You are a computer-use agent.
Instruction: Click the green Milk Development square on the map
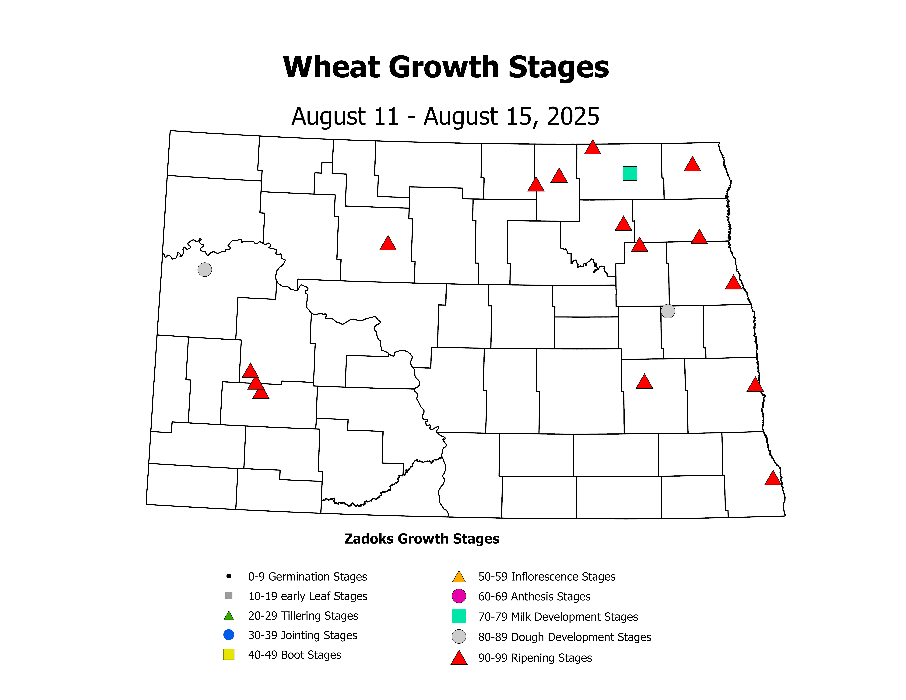click(630, 173)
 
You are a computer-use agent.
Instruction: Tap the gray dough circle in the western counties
click(205, 270)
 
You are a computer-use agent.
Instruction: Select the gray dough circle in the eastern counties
click(668, 311)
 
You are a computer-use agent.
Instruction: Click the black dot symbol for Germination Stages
click(229, 576)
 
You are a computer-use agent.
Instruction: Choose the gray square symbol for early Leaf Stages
click(229, 596)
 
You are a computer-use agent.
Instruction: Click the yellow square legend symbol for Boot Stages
click(229, 654)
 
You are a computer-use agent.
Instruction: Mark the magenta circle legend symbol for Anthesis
click(459, 596)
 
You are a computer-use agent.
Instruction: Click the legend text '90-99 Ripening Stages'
click(535, 658)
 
